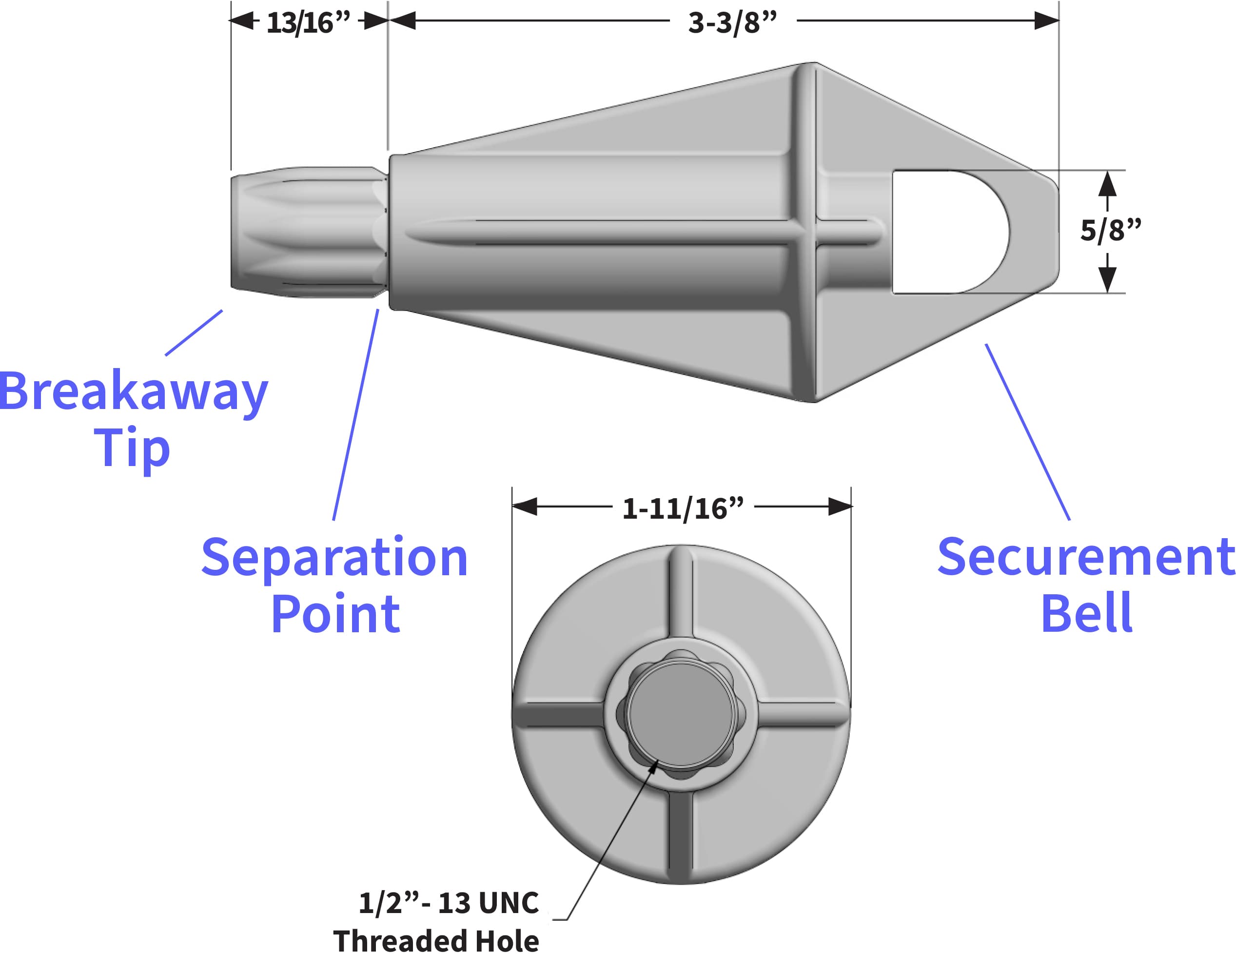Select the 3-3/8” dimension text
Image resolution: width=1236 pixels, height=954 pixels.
(x=732, y=22)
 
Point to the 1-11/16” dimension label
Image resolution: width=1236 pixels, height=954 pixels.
(x=683, y=508)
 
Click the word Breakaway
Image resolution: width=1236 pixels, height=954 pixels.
(x=134, y=391)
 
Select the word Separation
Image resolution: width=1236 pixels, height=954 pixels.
(x=334, y=558)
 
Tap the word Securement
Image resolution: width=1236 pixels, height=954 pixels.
(x=1085, y=558)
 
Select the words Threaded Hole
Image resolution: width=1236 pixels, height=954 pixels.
(x=436, y=940)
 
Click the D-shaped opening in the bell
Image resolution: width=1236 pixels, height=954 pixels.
(x=945, y=232)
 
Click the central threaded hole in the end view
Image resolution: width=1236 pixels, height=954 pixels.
(x=682, y=716)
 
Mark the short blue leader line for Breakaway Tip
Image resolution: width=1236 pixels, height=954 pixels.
(x=194, y=333)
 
